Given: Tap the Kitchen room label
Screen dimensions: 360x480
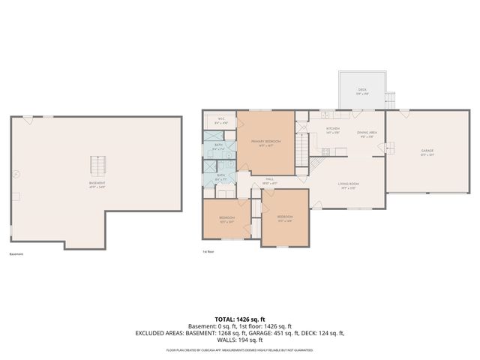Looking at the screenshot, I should click(333, 130).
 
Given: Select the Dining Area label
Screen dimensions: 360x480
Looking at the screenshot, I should click(367, 133).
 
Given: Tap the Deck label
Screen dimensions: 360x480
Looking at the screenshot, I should click(361, 91).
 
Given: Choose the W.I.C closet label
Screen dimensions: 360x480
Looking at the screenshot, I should click(222, 120).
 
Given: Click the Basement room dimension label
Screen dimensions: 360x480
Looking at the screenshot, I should click(97, 187).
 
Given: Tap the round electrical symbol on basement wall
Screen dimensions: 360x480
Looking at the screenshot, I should click(16, 174).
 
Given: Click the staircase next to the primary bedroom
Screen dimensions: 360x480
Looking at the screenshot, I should click(302, 142).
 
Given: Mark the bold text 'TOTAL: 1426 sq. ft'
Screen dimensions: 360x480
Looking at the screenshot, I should click(240, 319).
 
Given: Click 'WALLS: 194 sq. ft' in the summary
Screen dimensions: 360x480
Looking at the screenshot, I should click(240, 339).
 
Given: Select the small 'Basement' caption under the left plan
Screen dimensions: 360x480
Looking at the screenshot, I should click(16, 254).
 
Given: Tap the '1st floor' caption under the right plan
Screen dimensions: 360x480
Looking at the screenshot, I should click(208, 252).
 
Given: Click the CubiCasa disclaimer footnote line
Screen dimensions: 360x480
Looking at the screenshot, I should click(240, 350).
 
